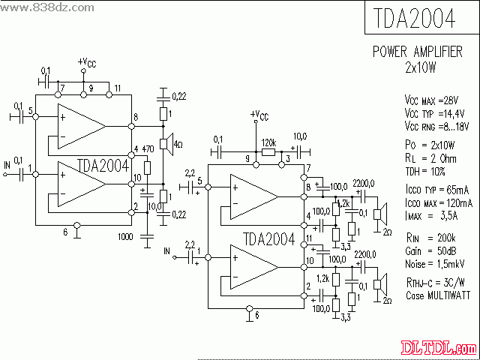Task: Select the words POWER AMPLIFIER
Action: click(418, 52)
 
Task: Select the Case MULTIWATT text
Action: click(437, 296)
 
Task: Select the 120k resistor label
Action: click(268, 142)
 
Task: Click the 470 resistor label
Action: click(148, 149)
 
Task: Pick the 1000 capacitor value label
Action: click(125, 237)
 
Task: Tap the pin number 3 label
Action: click(287, 159)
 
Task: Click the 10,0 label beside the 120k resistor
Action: click(298, 136)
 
